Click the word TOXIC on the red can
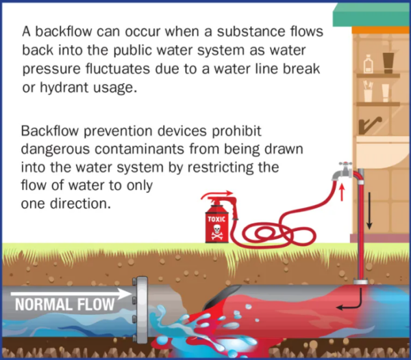(x=216, y=219)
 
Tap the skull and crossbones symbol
(x=216, y=232)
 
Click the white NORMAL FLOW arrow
(x=71, y=293)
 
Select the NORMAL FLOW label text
(x=65, y=304)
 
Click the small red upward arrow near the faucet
(x=342, y=192)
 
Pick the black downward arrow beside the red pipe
(x=369, y=211)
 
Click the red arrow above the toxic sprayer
(x=217, y=195)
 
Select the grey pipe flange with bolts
(x=140, y=310)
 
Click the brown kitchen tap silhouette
(x=370, y=125)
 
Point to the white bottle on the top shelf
(x=369, y=64)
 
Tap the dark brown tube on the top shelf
(x=388, y=63)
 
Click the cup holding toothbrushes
(x=368, y=91)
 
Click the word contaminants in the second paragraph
(x=140, y=149)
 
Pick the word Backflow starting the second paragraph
(x=50, y=131)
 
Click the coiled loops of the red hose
(x=278, y=234)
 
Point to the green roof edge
(x=372, y=15)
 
